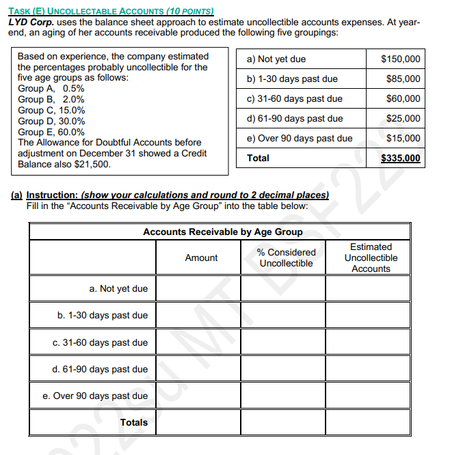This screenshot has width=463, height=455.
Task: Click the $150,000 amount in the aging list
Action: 400,59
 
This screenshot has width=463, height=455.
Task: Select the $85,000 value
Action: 403,79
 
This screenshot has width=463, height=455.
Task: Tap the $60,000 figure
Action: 403,99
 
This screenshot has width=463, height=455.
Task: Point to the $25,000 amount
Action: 403,119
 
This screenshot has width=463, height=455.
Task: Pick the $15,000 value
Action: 403,139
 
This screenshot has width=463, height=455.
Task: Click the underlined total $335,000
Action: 400,158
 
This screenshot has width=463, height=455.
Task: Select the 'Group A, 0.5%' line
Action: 51,88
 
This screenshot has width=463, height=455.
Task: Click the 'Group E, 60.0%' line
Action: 51,132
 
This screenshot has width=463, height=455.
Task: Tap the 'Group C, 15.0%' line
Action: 51,110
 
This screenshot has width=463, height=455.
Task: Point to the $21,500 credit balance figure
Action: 91,165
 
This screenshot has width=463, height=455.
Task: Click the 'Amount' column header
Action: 201,258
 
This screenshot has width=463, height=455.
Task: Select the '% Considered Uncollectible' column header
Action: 286,258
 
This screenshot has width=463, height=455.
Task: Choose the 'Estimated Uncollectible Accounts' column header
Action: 371,258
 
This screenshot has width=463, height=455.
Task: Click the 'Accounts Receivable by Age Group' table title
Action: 222,232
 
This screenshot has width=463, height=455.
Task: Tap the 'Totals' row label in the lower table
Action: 133,422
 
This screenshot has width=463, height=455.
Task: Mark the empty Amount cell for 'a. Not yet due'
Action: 201,288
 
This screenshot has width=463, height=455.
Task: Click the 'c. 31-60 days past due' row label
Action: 100,342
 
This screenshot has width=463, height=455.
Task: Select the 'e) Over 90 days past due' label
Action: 299,139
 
